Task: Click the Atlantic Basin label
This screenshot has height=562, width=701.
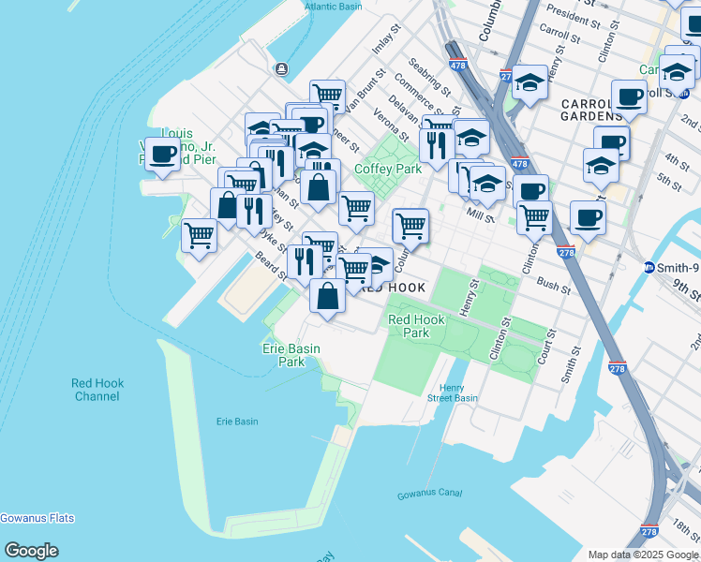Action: tap(332, 7)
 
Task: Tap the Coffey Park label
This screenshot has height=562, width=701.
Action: tap(388, 170)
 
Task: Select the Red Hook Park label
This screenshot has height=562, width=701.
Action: tap(415, 326)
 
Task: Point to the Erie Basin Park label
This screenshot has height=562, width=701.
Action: tap(291, 355)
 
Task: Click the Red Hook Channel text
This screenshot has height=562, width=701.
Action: tap(97, 390)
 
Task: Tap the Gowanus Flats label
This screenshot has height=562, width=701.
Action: tap(37, 518)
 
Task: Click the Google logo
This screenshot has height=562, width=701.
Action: tap(31, 550)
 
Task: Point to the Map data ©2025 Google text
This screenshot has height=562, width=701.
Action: tap(643, 554)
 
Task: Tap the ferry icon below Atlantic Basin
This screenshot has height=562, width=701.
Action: tap(281, 68)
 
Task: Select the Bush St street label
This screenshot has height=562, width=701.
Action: tap(554, 284)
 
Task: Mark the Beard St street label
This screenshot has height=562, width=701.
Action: tap(270, 269)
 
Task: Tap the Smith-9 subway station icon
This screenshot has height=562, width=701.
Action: tap(649, 267)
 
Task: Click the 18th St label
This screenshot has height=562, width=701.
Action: tap(685, 526)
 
